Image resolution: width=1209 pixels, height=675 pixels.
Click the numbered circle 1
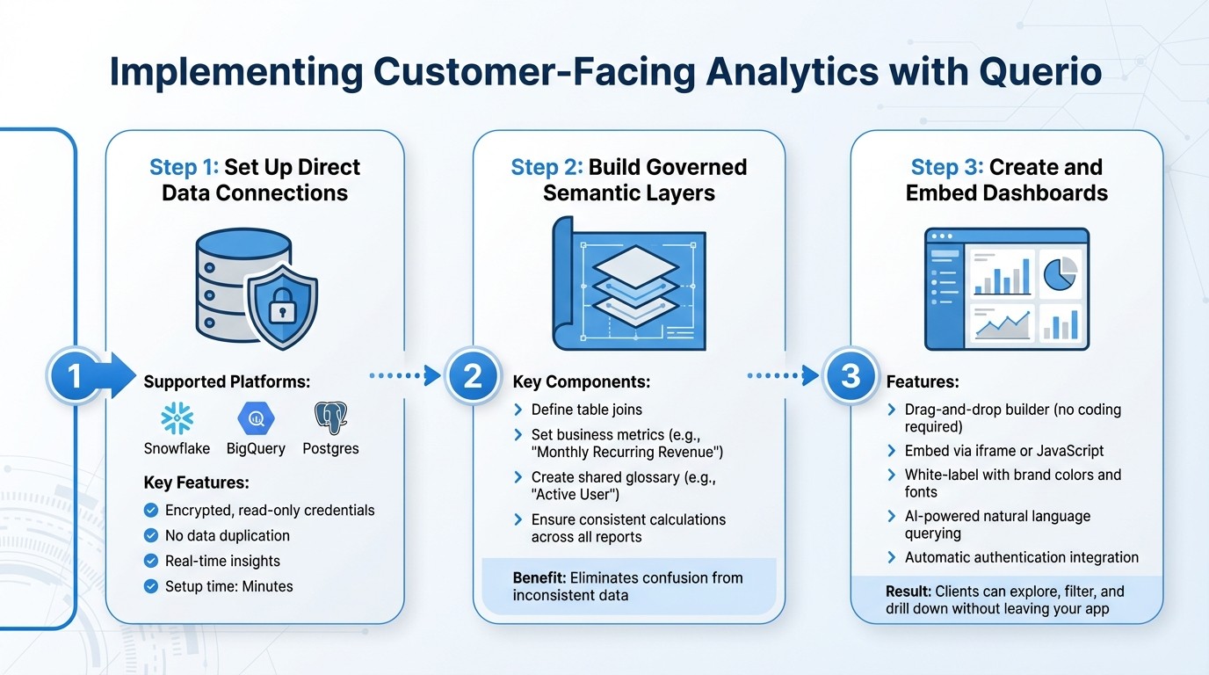[75, 376]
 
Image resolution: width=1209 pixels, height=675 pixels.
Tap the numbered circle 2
[473, 376]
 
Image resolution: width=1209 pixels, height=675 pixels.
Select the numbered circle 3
[850, 376]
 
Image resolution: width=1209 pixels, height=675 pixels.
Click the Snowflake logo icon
[177, 418]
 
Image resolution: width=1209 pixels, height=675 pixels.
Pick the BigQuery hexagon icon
[256, 418]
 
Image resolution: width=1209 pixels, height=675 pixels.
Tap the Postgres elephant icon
[330, 418]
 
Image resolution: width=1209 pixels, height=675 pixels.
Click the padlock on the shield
[281, 307]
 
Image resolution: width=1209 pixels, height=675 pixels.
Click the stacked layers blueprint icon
[628, 286]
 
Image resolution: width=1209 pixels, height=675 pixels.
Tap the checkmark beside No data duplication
[150, 536]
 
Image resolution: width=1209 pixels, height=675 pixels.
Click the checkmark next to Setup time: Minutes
[150, 586]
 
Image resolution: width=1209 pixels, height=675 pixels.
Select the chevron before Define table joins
[518, 410]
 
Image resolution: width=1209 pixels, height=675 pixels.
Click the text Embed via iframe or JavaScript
[1004, 451]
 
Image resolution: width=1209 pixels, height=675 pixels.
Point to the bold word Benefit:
[539, 577]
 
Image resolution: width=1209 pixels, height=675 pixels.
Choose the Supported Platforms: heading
[227, 382]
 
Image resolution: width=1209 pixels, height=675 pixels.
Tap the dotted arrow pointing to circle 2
[405, 376]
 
